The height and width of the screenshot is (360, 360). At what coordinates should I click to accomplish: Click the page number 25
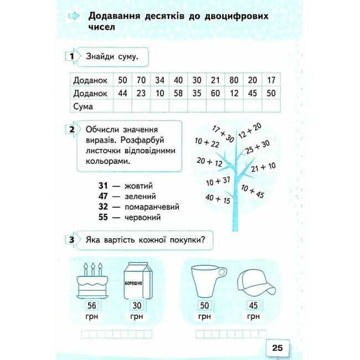click(x=277, y=347)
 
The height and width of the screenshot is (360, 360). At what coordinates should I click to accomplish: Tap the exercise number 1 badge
click(x=71, y=56)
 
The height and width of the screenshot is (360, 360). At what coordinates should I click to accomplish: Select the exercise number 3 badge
click(x=71, y=240)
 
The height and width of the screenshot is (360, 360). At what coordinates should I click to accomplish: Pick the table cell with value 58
click(x=178, y=93)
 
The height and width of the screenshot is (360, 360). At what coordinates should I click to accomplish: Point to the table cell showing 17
click(x=270, y=81)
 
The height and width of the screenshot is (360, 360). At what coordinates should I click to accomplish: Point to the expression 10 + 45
click(x=253, y=193)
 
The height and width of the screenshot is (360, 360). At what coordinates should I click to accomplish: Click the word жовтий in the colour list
click(x=138, y=186)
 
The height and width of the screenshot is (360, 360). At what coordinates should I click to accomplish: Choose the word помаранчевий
click(x=153, y=207)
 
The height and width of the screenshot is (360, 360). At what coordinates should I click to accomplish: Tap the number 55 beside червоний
click(x=104, y=217)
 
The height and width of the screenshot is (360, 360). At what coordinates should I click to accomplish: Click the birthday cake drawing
click(x=91, y=281)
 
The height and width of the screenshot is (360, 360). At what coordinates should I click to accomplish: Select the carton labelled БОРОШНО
click(x=136, y=282)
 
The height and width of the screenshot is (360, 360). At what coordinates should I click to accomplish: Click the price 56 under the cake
click(x=91, y=306)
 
